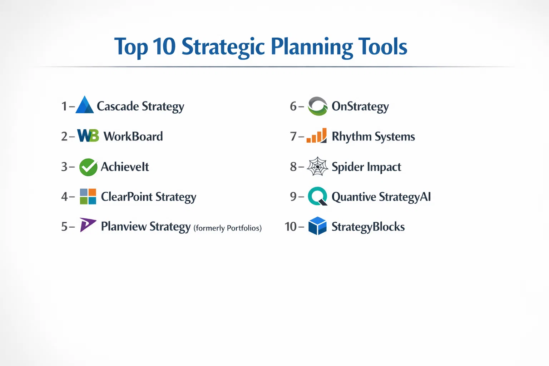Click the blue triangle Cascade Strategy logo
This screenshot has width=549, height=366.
tap(85, 105)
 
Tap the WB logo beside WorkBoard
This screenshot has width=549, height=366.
tap(88, 135)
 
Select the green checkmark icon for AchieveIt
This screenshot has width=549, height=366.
tap(88, 167)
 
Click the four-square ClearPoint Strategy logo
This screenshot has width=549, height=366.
tap(88, 196)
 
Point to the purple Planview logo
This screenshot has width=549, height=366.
tap(88, 224)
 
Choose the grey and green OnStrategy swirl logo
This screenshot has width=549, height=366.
tap(318, 106)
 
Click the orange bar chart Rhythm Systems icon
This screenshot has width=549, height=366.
tap(317, 135)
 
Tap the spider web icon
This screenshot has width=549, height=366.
tap(317, 167)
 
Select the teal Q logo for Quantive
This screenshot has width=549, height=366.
tap(318, 196)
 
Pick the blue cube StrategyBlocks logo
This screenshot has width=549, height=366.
tap(317, 226)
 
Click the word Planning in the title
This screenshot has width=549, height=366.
tap(312, 47)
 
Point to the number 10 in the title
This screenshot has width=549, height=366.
tap(164, 46)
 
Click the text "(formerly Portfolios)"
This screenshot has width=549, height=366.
tap(228, 228)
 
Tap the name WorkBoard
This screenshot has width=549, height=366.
tap(133, 136)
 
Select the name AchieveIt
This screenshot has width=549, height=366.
tap(125, 167)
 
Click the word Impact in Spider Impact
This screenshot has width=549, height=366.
tap(384, 167)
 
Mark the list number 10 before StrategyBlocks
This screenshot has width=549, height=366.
tap(291, 227)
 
